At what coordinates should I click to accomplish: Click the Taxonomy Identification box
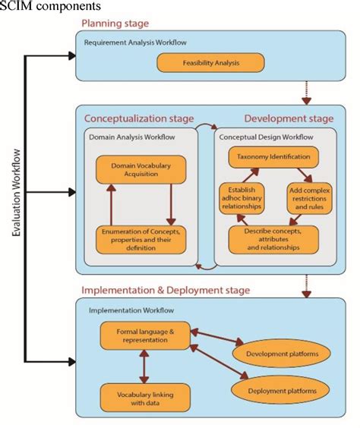(x=273, y=157)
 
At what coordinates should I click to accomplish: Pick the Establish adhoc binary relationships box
(x=243, y=197)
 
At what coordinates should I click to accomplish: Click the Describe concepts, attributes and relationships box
(x=273, y=239)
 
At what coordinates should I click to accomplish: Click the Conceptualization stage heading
(x=138, y=118)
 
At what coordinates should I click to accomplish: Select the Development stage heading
(x=289, y=118)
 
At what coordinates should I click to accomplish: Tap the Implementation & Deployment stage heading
(x=166, y=290)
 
